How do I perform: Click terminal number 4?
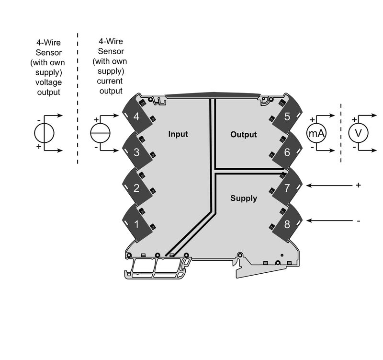coord(136,116)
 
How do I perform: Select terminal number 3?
coord(136,152)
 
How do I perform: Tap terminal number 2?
coord(136,188)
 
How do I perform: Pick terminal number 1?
coord(136,224)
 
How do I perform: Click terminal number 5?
coord(287,116)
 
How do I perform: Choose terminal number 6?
coord(287,152)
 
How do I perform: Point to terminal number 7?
coord(287,188)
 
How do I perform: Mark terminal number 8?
coord(287,224)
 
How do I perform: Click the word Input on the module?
coord(178,134)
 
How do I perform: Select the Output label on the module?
coord(244,134)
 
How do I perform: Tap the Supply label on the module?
coord(244,198)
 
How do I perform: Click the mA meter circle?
coord(316,133)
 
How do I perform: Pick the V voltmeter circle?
coord(358,133)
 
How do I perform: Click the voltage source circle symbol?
coord(44,133)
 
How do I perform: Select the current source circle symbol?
coord(101,133)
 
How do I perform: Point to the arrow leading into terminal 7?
coord(329,186)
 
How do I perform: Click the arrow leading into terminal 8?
coord(329,221)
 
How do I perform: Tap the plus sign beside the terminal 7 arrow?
coord(358,185)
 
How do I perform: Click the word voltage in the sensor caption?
coord(48,82)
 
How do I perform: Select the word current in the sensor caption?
coord(110,81)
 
